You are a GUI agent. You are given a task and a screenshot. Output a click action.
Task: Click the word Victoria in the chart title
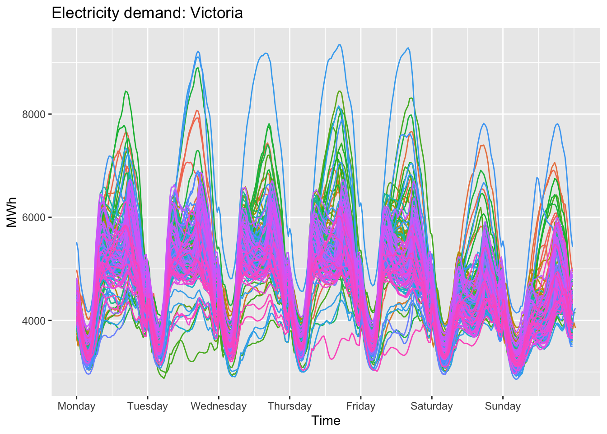(217, 13)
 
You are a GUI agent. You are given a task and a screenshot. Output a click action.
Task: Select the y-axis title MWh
(12, 212)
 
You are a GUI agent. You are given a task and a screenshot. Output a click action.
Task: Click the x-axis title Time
(326, 421)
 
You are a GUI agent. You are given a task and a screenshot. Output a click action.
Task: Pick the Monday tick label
(76, 406)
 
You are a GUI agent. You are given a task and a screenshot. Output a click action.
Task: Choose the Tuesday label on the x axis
(147, 406)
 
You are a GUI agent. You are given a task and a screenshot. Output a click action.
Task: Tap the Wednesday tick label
(219, 406)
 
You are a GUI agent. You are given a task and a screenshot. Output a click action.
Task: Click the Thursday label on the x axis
(289, 406)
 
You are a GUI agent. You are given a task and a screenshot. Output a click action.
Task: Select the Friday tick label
(360, 406)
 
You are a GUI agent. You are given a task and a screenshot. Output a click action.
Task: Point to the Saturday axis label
(431, 406)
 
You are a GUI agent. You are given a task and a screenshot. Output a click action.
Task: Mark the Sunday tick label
(503, 406)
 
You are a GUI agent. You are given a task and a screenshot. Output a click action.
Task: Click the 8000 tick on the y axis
(34, 114)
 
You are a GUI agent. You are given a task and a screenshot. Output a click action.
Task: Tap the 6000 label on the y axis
(34, 217)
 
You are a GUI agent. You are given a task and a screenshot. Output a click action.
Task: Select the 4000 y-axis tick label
(34, 321)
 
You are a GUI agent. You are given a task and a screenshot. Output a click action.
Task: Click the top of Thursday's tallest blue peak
(340, 44)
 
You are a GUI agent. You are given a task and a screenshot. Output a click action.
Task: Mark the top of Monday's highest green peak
(126, 91)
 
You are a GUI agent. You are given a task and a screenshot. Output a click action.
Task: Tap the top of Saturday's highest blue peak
(484, 123)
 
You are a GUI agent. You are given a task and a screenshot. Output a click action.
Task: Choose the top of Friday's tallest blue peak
(408, 47)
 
